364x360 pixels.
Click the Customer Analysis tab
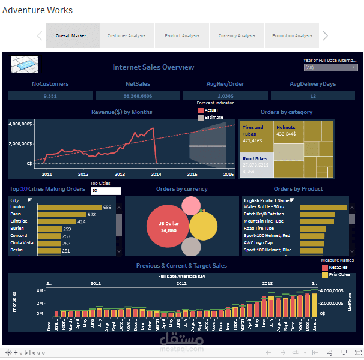(x=127, y=35)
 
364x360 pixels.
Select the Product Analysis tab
(x=182, y=35)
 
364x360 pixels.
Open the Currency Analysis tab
(x=237, y=35)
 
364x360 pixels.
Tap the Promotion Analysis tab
(x=291, y=35)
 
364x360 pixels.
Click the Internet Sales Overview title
(x=153, y=67)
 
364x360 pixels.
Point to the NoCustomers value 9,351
(x=50, y=95)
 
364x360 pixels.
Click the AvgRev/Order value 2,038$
(x=225, y=95)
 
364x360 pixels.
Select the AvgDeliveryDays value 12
(x=313, y=95)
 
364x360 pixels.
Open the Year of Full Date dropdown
(x=330, y=68)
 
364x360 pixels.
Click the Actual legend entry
(x=211, y=110)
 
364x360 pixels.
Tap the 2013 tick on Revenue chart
(x=120, y=174)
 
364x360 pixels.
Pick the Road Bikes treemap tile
(x=257, y=164)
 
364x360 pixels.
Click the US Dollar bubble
(x=168, y=226)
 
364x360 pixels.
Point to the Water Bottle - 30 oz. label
(x=266, y=207)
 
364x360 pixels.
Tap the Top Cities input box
(x=106, y=191)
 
